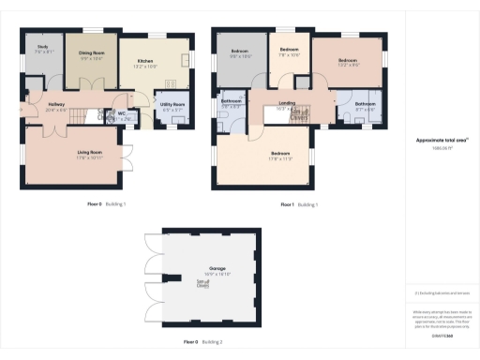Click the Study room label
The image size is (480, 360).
pyautogui.click(x=42, y=49)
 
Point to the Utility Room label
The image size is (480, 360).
pyautogui.click(x=172, y=107)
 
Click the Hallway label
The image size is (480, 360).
pyautogui.click(x=55, y=107)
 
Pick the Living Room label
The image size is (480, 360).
pyautogui.click(x=89, y=152)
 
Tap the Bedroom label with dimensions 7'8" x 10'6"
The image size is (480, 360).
pyautogui.click(x=289, y=51)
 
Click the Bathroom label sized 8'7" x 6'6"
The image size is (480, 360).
pyautogui.click(x=365, y=106)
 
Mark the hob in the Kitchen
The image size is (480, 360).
pyautogui.click(x=185, y=62)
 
